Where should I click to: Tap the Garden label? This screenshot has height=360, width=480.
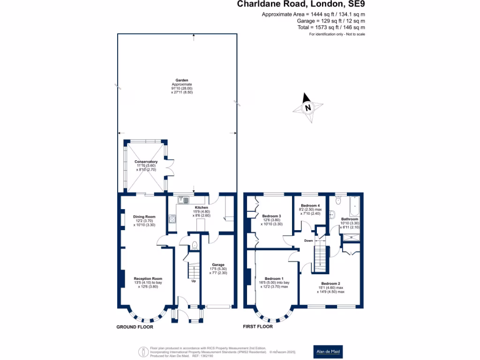tap(182, 80)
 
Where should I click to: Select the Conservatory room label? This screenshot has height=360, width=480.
tap(146, 162)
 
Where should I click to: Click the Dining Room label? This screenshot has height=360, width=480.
tap(144, 217)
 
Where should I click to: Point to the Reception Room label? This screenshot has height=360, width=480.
tap(148, 279)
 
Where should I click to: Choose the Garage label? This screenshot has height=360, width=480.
tap(218, 265)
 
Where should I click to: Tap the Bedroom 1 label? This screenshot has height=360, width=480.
tap(274, 278)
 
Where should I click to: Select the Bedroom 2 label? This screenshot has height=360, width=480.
tap(330, 283)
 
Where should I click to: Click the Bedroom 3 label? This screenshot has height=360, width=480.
tap(271, 216)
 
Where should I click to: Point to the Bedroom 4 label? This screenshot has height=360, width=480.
tap(310, 206)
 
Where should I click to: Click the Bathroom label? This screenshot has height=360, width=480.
tap(349, 219)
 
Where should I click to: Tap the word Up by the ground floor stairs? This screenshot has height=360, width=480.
tap(193, 281)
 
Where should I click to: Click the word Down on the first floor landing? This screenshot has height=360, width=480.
tap(308, 240)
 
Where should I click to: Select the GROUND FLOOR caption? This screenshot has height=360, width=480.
tap(135, 327)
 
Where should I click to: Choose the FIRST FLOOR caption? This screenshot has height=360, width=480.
tap(257, 326)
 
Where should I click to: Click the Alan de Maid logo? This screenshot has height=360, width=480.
tap(328, 351)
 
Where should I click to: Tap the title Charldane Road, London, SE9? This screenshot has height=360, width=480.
tap(300, 5)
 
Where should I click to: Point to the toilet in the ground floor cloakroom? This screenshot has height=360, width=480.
tap(195, 245)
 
